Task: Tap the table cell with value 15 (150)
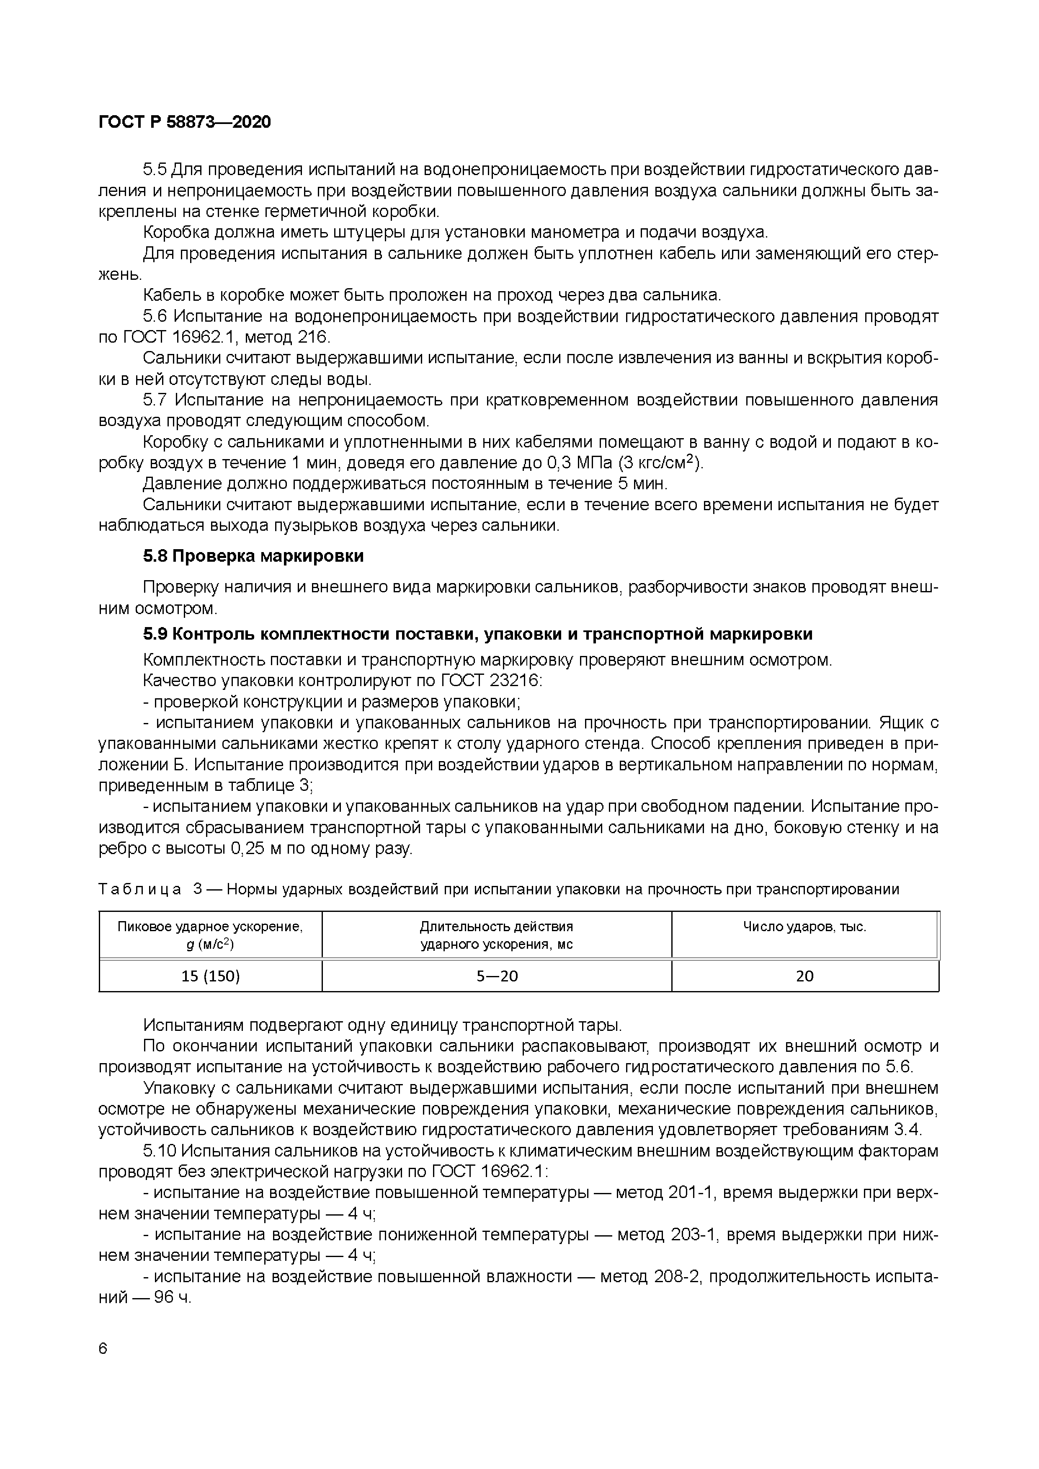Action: coord(211,976)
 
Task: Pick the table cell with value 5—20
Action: coord(497,976)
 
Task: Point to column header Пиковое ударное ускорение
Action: coord(211,935)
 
